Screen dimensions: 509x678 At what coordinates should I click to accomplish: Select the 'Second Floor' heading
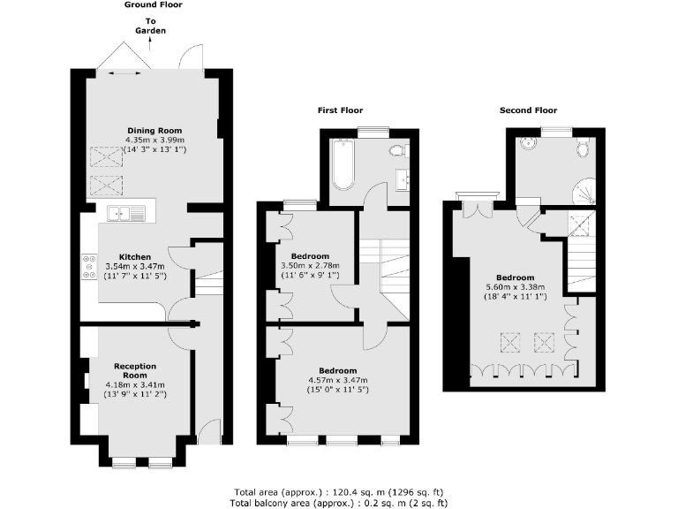pos(527,110)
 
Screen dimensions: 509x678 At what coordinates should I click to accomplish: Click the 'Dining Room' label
pos(154,131)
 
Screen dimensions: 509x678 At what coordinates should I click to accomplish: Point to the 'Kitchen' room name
pos(134,257)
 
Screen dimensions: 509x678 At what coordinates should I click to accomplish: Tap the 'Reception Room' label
pos(134,369)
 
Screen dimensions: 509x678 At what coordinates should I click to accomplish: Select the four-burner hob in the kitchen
pos(90,266)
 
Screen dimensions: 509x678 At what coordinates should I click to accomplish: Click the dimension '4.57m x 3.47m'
pos(337,380)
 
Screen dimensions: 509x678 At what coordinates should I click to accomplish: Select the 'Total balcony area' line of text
pos(338,502)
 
